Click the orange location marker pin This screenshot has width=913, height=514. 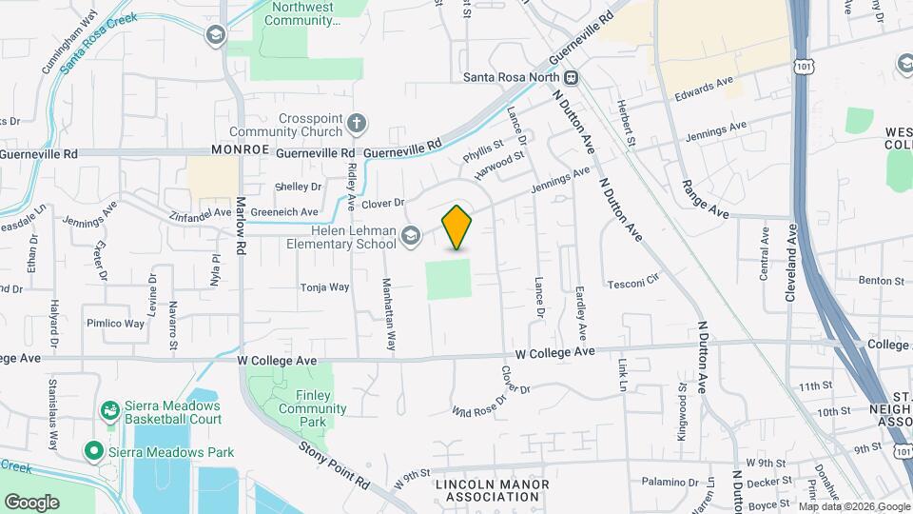[x=457, y=227]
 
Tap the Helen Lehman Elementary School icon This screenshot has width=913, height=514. [x=411, y=235]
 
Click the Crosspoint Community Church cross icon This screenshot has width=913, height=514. [x=357, y=124]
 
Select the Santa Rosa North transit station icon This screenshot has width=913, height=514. [x=572, y=78]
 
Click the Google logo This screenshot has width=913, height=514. [x=31, y=502]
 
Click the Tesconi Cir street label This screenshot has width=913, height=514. [x=633, y=283]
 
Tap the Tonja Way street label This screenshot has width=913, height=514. [x=325, y=287]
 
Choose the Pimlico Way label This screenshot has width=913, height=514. [x=114, y=323]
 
